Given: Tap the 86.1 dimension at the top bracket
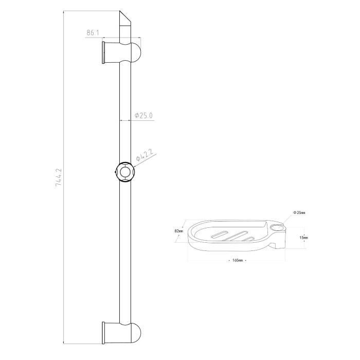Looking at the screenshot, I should coord(93,32).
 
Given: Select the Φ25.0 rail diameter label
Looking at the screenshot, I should coord(143,116).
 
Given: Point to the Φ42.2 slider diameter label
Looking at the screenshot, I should coord(146,155).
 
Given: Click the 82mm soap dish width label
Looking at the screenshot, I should coord(179,231).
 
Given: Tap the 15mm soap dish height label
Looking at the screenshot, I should coord(303,238).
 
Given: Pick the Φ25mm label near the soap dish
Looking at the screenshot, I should coord(299,212).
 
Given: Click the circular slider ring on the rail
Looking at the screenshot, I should coord(125,172).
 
